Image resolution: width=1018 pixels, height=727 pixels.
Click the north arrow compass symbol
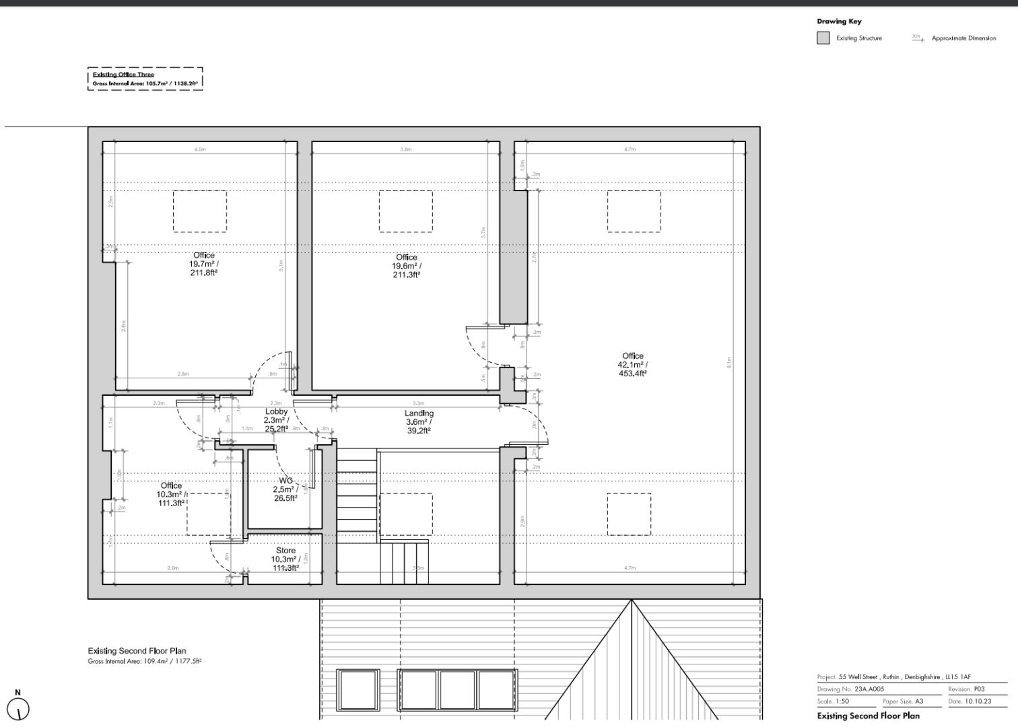coord(18,708)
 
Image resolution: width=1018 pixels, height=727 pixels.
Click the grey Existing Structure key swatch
coord(823,38)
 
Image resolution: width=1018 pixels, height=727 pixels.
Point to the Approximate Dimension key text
coord(963,38)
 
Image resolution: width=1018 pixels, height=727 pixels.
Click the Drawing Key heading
coord(839,22)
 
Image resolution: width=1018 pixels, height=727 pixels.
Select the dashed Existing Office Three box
coord(145,79)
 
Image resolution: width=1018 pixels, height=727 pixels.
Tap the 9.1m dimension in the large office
coord(728,362)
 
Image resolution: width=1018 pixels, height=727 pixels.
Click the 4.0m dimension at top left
coord(200,149)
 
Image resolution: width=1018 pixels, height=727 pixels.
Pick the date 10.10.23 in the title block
coord(978,701)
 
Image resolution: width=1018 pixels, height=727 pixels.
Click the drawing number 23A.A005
coord(869,689)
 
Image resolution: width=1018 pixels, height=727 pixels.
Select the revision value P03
coord(979,689)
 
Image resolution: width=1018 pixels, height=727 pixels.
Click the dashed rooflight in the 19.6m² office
coord(405,211)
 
